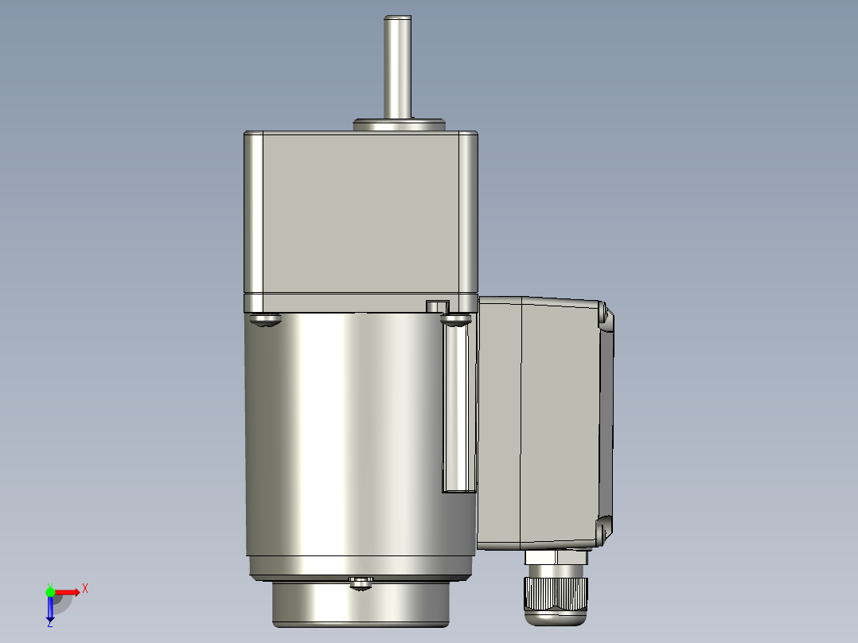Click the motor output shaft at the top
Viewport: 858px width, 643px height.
tap(397, 68)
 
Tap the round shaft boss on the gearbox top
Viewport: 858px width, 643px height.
tap(398, 125)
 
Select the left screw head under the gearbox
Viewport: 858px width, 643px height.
tap(265, 320)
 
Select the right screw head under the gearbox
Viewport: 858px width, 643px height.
tap(456, 320)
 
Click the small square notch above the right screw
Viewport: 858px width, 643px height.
tap(437, 306)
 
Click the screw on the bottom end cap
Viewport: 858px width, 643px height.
tap(361, 583)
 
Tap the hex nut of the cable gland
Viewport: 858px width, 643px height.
tap(556, 559)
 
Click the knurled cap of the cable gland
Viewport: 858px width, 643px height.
tap(556, 593)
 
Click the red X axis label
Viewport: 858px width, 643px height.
tap(85, 589)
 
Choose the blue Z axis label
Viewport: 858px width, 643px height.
tap(49, 623)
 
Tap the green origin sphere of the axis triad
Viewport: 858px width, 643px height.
tap(50, 592)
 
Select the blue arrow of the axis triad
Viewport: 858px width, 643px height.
tap(50, 608)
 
